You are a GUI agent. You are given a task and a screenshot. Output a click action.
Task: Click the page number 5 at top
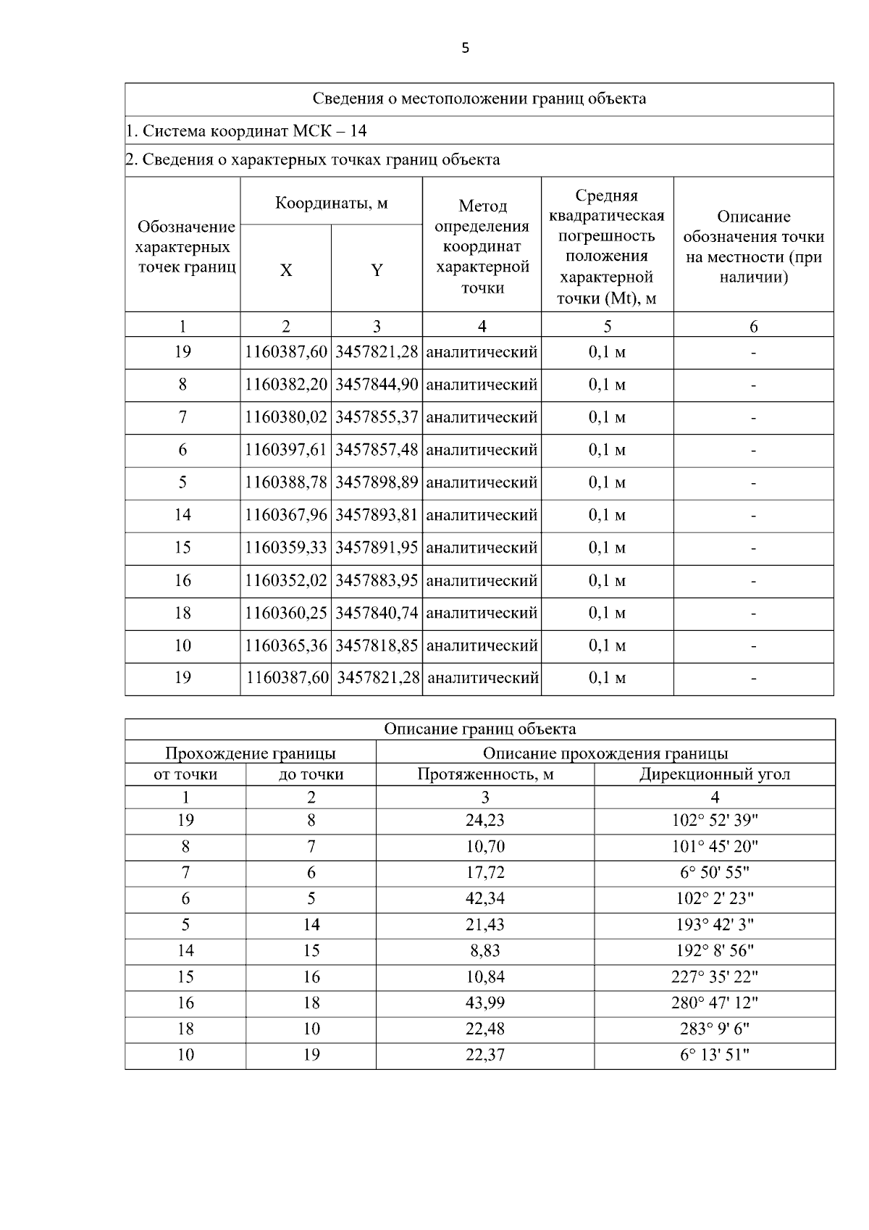(465, 49)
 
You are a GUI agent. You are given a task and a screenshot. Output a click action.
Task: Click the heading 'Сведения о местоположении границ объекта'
(479, 99)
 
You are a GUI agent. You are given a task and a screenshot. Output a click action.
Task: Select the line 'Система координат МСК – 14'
(246, 131)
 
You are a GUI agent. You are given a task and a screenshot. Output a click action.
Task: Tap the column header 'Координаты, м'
(331, 202)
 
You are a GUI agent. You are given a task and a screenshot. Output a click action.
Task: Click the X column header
(286, 270)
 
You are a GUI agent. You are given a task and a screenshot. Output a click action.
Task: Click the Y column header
(377, 270)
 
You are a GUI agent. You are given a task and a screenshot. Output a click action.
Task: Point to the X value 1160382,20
(286, 385)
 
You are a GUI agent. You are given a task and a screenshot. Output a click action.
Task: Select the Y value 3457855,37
(377, 417)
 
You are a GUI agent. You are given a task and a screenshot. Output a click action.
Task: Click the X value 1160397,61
(286, 450)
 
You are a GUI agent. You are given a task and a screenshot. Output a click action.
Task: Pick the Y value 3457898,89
(377, 482)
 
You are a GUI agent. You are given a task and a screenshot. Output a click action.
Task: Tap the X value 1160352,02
(286, 580)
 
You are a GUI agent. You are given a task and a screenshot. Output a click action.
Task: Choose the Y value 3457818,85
(377, 645)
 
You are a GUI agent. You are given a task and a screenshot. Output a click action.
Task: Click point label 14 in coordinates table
(182, 515)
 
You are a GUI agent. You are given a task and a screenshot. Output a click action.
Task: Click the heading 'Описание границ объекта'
(479, 729)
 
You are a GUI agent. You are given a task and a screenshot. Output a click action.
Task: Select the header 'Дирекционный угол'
(714, 774)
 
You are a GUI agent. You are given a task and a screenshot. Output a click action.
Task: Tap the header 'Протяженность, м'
(485, 774)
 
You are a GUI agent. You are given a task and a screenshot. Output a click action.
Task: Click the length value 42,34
(485, 899)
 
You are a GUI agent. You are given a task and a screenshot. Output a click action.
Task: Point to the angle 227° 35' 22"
(714, 977)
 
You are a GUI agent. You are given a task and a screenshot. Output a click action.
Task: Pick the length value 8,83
(485, 951)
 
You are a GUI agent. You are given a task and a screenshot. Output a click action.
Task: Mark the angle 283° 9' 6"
(714, 1029)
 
